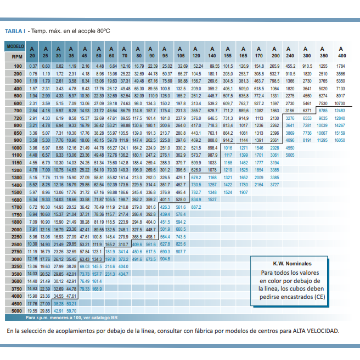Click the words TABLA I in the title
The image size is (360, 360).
15,31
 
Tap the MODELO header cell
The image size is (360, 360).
15,46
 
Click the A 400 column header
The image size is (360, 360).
341,52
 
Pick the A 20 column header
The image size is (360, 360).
32,52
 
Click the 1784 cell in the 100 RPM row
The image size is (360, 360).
341,66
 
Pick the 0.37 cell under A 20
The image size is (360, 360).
33,66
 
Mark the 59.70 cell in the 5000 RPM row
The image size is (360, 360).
71,311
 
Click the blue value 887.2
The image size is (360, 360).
196,207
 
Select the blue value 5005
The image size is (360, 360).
290,155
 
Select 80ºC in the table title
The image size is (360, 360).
103,31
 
